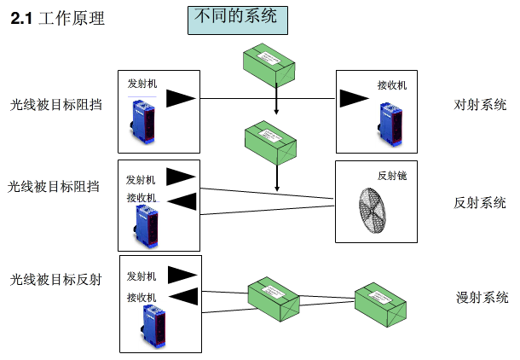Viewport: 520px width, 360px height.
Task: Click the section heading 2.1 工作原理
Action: tap(57, 19)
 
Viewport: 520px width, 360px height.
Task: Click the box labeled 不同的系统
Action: tap(236, 19)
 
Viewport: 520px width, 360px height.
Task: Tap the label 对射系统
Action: tap(480, 106)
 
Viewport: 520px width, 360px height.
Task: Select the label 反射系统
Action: tap(480, 202)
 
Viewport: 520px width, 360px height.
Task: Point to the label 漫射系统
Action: tap(482, 298)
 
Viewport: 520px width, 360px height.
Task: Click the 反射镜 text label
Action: tap(391, 175)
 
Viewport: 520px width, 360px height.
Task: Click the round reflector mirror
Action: tap(372, 208)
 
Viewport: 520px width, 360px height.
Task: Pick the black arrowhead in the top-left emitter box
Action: tap(180, 99)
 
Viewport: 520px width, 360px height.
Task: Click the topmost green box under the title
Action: tap(268, 65)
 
